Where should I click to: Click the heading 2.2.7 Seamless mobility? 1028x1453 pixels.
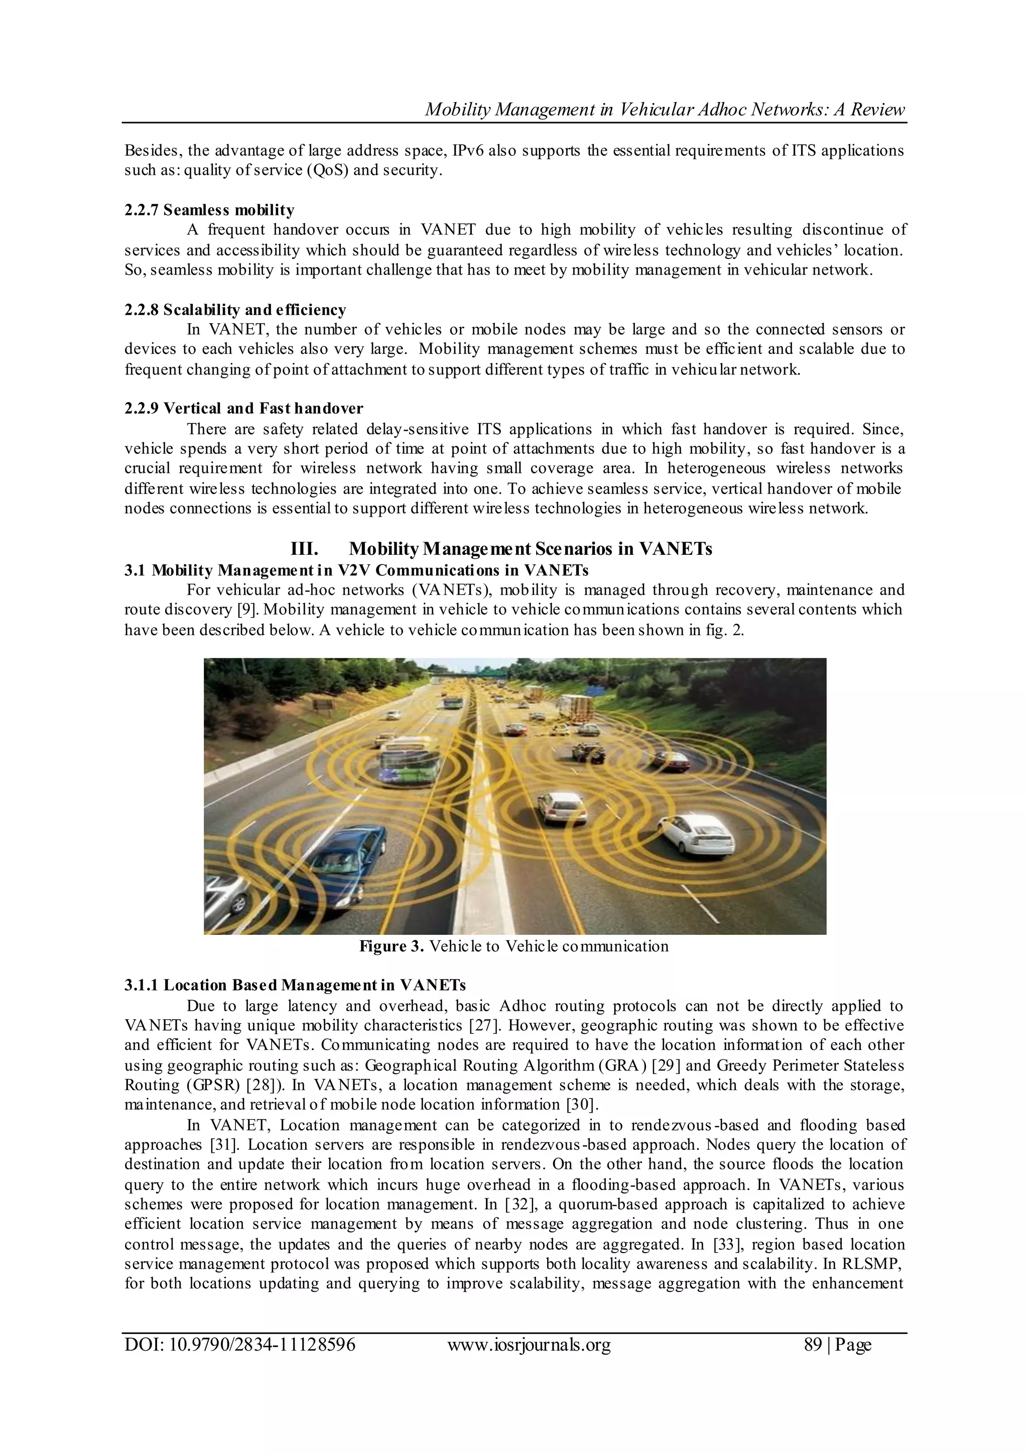(x=209, y=209)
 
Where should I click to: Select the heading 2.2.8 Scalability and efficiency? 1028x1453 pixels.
(x=235, y=310)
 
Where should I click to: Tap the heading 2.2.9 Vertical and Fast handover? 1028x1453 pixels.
(x=244, y=408)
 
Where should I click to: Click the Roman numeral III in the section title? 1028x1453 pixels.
(x=304, y=548)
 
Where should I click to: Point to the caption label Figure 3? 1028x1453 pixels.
(x=392, y=946)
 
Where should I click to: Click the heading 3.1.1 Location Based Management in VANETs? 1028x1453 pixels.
(x=295, y=985)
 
